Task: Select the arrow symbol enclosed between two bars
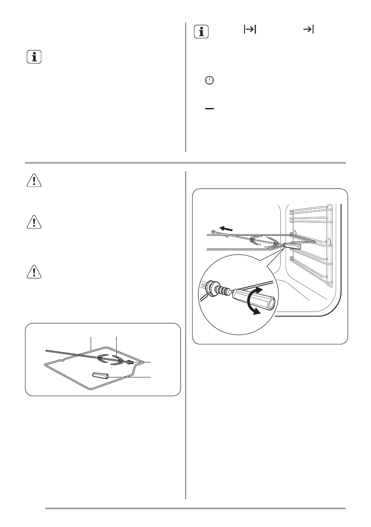pos(250,29)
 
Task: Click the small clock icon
pos(209,80)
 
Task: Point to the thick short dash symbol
pos(209,108)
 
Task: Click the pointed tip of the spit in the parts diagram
pos(47,350)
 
